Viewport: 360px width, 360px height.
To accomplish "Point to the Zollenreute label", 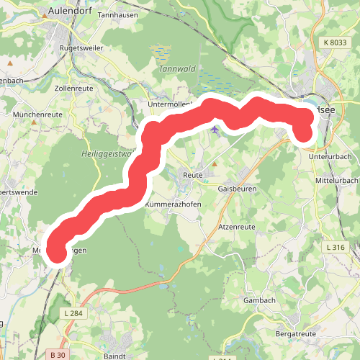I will coord(76,89).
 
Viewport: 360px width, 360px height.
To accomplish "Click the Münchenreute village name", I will coord(38,114).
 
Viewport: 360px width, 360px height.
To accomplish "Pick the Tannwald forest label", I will coord(162,70).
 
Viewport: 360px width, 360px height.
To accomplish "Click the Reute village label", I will coord(192,174).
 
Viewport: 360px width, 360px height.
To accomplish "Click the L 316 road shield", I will coord(336,247).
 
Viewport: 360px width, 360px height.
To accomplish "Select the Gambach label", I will coord(260,300).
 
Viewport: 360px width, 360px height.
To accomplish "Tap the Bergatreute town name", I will coord(296,335).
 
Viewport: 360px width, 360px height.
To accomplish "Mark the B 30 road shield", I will coord(59,354).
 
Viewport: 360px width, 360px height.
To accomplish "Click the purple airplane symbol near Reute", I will coord(215,130).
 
